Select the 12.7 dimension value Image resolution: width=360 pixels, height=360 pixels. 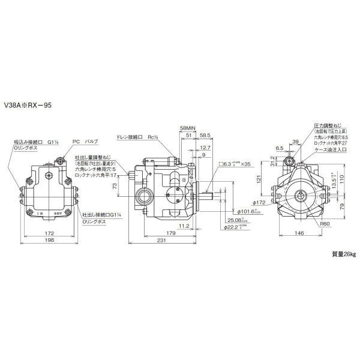coord(205,147)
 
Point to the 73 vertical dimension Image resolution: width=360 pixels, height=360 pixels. coord(115,187)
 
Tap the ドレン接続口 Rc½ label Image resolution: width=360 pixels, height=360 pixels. coord(136,137)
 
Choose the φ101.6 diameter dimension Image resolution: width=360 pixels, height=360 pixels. coord(248,211)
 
